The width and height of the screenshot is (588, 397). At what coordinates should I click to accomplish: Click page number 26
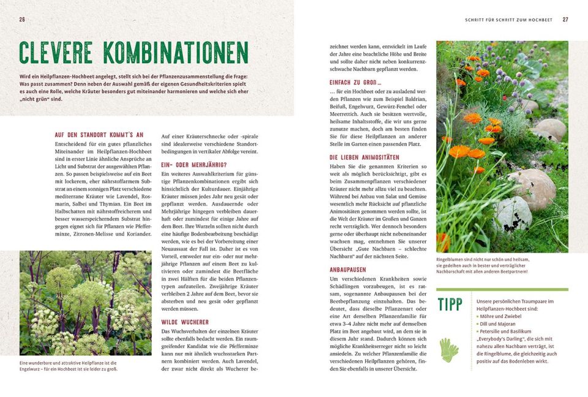pyautogui.click(x=22, y=20)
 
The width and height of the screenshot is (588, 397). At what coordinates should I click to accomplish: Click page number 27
pyautogui.click(x=565, y=20)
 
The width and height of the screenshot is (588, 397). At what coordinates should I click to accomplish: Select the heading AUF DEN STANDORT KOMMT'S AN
pyautogui.click(x=99, y=134)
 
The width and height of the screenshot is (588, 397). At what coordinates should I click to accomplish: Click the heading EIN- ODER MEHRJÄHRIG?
pyautogui.click(x=194, y=165)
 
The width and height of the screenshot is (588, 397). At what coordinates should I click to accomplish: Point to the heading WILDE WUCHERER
pyautogui.click(x=185, y=322)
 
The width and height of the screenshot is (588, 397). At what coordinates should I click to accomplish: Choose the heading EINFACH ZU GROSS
pyautogui.click(x=355, y=83)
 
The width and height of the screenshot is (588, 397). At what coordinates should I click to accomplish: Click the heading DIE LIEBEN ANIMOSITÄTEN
pyautogui.click(x=364, y=157)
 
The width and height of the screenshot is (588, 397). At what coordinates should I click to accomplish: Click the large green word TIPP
pyautogui.click(x=450, y=304)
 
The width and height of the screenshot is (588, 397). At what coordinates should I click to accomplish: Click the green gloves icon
pyautogui.click(x=449, y=349)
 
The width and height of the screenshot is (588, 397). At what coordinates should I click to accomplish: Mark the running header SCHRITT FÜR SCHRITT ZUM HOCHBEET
pyautogui.click(x=508, y=20)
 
